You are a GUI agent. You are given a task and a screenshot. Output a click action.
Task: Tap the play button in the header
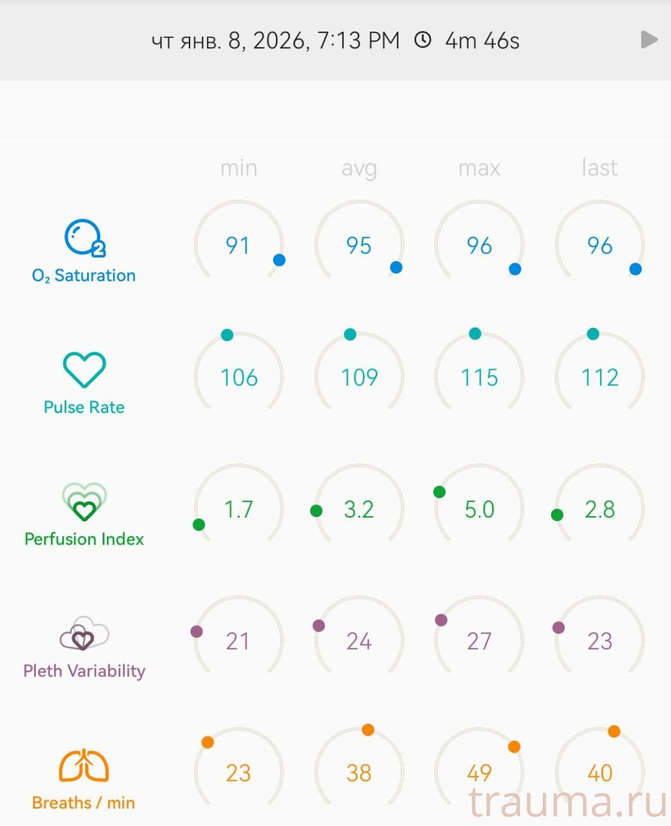(x=649, y=40)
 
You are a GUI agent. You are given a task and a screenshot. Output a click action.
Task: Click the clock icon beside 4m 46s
(x=422, y=40)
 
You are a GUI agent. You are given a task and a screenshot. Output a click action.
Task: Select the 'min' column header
(x=238, y=168)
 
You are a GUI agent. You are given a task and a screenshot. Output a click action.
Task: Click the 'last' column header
(x=599, y=168)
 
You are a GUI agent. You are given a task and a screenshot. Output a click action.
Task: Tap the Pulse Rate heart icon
(x=84, y=370)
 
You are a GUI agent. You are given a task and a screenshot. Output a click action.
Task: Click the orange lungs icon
(x=84, y=766)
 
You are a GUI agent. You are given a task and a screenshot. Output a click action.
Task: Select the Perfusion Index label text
(x=84, y=539)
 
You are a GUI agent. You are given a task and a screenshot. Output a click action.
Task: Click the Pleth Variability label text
(x=84, y=671)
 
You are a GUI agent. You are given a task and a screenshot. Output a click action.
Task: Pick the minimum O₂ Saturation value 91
(x=238, y=246)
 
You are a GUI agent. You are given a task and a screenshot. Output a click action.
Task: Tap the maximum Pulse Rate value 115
(x=479, y=378)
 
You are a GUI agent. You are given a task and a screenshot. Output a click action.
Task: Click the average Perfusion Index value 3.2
(x=358, y=510)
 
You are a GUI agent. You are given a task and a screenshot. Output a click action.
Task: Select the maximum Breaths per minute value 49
(x=479, y=772)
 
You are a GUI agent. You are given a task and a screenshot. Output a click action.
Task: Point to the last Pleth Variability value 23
(x=599, y=641)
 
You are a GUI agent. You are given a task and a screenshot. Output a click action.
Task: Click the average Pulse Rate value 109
(x=359, y=378)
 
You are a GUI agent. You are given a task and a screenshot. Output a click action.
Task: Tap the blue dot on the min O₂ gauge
(x=279, y=260)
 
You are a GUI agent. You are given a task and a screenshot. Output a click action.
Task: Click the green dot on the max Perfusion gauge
(x=440, y=492)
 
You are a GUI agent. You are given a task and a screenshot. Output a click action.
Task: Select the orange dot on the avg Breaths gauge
(x=368, y=730)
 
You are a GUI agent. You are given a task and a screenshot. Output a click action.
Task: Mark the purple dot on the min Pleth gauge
(x=197, y=632)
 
